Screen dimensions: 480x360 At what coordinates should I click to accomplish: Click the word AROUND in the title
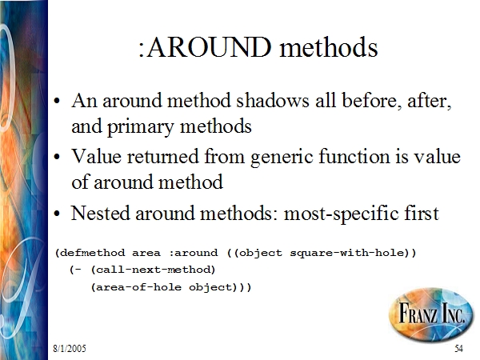210,47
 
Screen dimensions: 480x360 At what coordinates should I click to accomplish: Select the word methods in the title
329,47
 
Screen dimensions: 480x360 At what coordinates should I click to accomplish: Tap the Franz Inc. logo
431,314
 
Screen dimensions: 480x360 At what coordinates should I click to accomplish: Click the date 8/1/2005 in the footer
70,348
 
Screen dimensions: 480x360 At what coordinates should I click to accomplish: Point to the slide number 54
458,348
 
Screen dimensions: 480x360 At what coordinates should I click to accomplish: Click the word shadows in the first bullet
273,101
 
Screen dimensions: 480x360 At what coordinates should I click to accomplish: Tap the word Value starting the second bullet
97,156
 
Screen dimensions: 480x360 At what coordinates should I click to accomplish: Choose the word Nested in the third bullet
101,213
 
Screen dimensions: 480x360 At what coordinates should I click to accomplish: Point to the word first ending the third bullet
422,213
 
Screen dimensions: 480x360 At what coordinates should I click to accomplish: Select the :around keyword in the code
193,253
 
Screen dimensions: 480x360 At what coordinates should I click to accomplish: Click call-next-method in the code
154,270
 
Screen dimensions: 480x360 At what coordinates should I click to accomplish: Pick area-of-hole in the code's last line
138,287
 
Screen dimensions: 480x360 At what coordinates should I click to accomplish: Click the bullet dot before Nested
57,214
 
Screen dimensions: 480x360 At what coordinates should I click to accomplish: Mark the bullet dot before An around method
57,102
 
